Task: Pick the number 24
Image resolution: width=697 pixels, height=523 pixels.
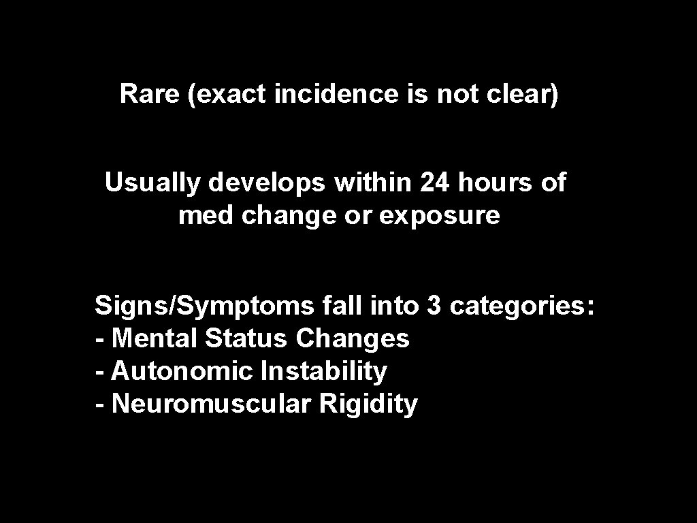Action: [436, 183]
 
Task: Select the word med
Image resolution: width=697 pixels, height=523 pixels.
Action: [198, 216]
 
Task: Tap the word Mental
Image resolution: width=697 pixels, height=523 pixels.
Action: [154, 338]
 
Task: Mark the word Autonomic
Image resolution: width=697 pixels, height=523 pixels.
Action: [182, 371]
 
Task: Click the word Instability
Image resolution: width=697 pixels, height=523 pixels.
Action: [324, 372]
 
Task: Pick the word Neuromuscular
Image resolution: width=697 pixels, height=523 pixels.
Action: [212, 404]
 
